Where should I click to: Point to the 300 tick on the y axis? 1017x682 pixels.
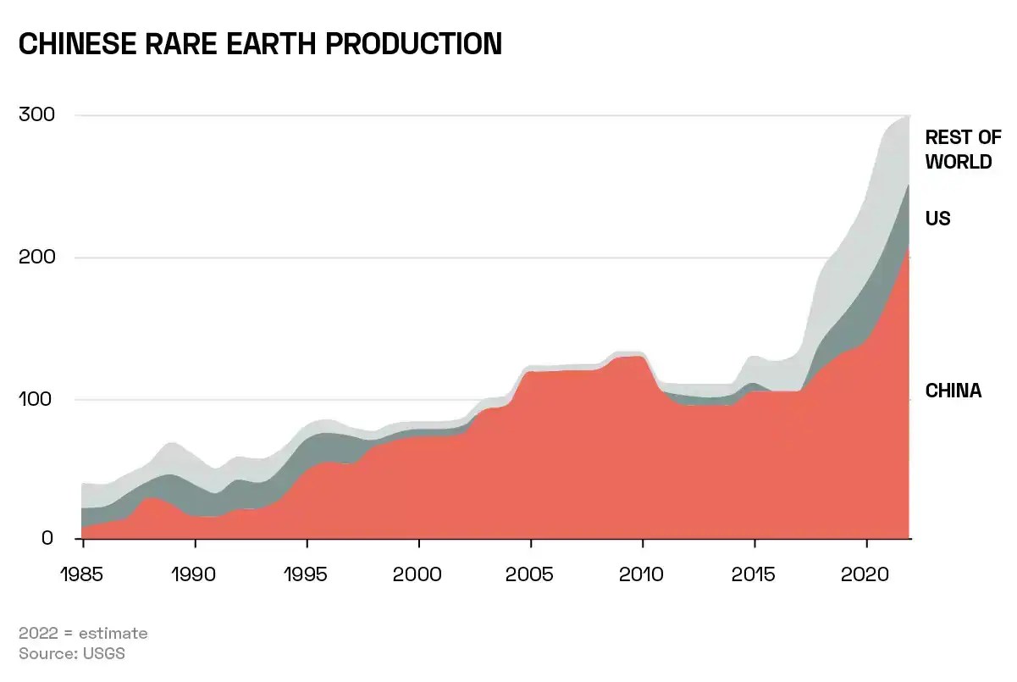(36, 115)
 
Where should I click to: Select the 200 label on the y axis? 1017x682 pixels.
(36, 258)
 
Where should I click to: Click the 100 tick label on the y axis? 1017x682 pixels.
(36, 399)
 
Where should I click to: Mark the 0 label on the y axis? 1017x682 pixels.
(47, 539)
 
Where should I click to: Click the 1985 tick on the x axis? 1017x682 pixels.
(83, 574)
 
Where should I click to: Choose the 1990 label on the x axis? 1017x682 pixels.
(195, 574)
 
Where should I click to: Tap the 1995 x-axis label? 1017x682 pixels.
(307, 574)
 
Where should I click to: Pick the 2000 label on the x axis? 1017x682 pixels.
(418, 574)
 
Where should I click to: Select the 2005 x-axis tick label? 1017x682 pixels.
(530, 574)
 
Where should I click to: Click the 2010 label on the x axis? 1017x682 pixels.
(642, 574)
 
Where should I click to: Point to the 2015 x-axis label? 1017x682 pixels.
(754, 574)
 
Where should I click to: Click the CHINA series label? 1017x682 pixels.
(953, 391)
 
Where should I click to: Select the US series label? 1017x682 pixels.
(937, 219)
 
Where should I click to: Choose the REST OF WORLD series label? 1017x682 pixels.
(963, 149)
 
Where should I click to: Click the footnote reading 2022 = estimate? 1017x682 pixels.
(83, 633)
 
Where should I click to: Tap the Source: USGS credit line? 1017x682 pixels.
(72, 653)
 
